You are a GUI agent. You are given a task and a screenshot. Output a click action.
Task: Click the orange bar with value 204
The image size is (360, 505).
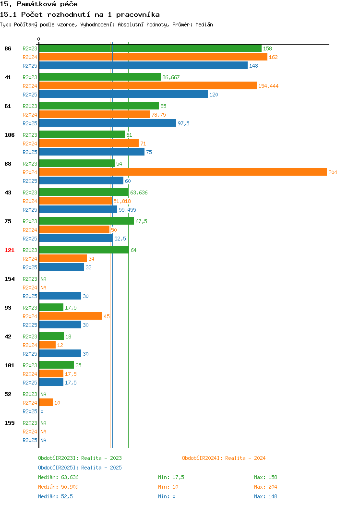183,172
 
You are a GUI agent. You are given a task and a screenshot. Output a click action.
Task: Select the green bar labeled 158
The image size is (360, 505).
150,48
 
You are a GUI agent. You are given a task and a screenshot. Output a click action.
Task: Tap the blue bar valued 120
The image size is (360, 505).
123,95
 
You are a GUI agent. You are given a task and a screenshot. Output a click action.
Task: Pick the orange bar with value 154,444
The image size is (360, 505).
148,85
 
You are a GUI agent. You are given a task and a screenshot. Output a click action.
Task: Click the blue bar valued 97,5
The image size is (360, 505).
108,123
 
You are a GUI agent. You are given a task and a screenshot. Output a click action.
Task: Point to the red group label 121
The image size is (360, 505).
9,250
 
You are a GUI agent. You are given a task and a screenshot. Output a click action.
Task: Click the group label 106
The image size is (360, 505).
9,135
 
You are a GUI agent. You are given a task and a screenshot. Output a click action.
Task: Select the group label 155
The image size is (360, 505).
9,423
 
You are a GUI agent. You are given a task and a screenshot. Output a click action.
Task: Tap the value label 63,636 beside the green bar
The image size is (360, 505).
139,192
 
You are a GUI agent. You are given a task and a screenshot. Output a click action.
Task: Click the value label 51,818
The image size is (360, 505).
122,201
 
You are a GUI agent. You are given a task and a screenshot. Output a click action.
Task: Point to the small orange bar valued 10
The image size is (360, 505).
46,402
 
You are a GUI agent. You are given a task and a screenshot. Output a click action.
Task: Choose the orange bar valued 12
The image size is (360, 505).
48,345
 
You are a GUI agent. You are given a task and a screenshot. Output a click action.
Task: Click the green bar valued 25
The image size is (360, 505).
56,365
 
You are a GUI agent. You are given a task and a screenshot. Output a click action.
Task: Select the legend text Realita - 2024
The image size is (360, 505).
245,458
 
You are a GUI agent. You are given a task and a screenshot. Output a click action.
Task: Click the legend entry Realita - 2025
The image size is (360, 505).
101,468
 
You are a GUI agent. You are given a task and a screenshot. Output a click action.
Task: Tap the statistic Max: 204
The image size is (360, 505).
265,487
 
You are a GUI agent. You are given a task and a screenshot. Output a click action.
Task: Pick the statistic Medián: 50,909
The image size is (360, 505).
58,487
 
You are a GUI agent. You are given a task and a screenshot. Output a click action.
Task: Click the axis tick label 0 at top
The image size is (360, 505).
39,39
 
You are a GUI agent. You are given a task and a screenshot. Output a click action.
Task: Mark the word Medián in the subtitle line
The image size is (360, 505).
204,24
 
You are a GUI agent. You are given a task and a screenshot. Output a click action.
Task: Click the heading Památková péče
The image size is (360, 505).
47,4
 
